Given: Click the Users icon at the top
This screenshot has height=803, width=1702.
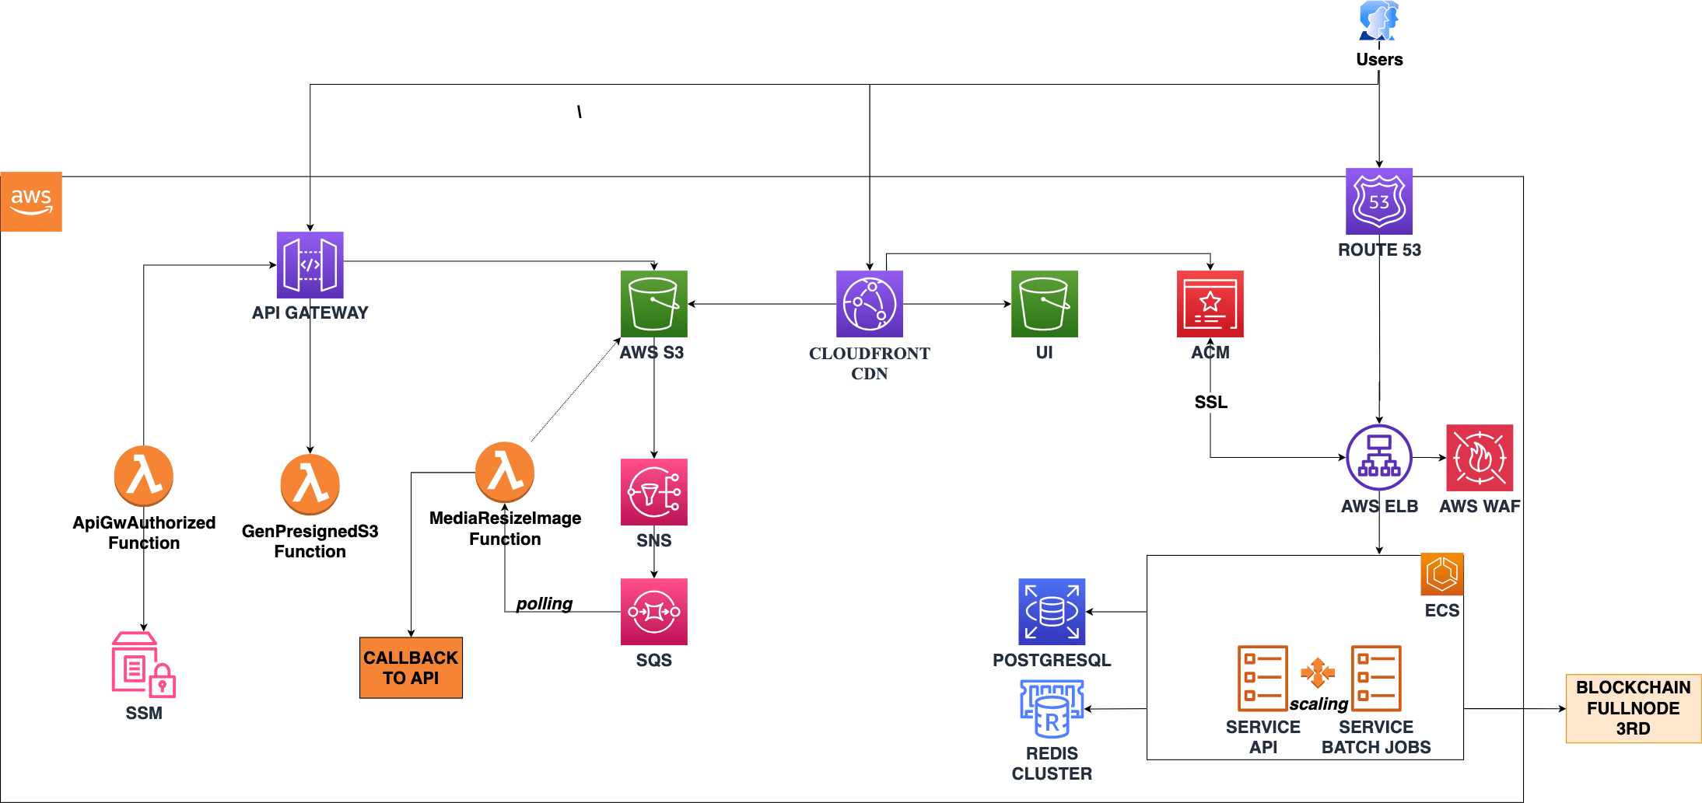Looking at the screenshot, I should coord(1378,21).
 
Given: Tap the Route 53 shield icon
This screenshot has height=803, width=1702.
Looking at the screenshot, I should coord(1379,201).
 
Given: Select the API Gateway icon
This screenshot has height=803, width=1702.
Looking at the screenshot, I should coord(310,265).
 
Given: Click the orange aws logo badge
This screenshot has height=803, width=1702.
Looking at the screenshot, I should coord(31,201).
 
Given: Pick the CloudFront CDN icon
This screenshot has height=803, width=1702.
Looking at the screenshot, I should coord(869,304).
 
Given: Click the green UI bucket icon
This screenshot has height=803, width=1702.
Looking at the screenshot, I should coord(1044,304).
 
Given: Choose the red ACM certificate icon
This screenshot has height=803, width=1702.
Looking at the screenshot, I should coord(1210,304).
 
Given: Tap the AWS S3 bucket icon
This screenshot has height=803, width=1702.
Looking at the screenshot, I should coord(653,304).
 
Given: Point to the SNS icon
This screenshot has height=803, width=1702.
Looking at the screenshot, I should coord(653,492).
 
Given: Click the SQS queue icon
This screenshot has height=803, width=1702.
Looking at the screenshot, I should coord(653,612).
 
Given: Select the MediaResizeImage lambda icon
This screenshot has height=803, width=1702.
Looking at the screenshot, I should coord(505,472).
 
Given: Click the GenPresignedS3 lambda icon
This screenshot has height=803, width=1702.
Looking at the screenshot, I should coord(310,484).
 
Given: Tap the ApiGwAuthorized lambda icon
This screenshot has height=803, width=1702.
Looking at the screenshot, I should coord(144,476).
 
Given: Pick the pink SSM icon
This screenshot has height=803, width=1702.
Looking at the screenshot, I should coord(144,664).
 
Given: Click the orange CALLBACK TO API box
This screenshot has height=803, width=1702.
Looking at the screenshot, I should coord(411,668).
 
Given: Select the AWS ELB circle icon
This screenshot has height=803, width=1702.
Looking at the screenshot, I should coord(1379,458).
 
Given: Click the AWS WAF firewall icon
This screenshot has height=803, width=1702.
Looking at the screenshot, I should coord(1480,458).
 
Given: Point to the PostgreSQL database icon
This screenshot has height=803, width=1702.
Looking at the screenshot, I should coord(1052,612).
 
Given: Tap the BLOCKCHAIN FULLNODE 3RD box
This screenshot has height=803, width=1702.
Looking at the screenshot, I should coord(1633,708).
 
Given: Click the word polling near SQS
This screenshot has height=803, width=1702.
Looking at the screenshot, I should coord(545,604).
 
